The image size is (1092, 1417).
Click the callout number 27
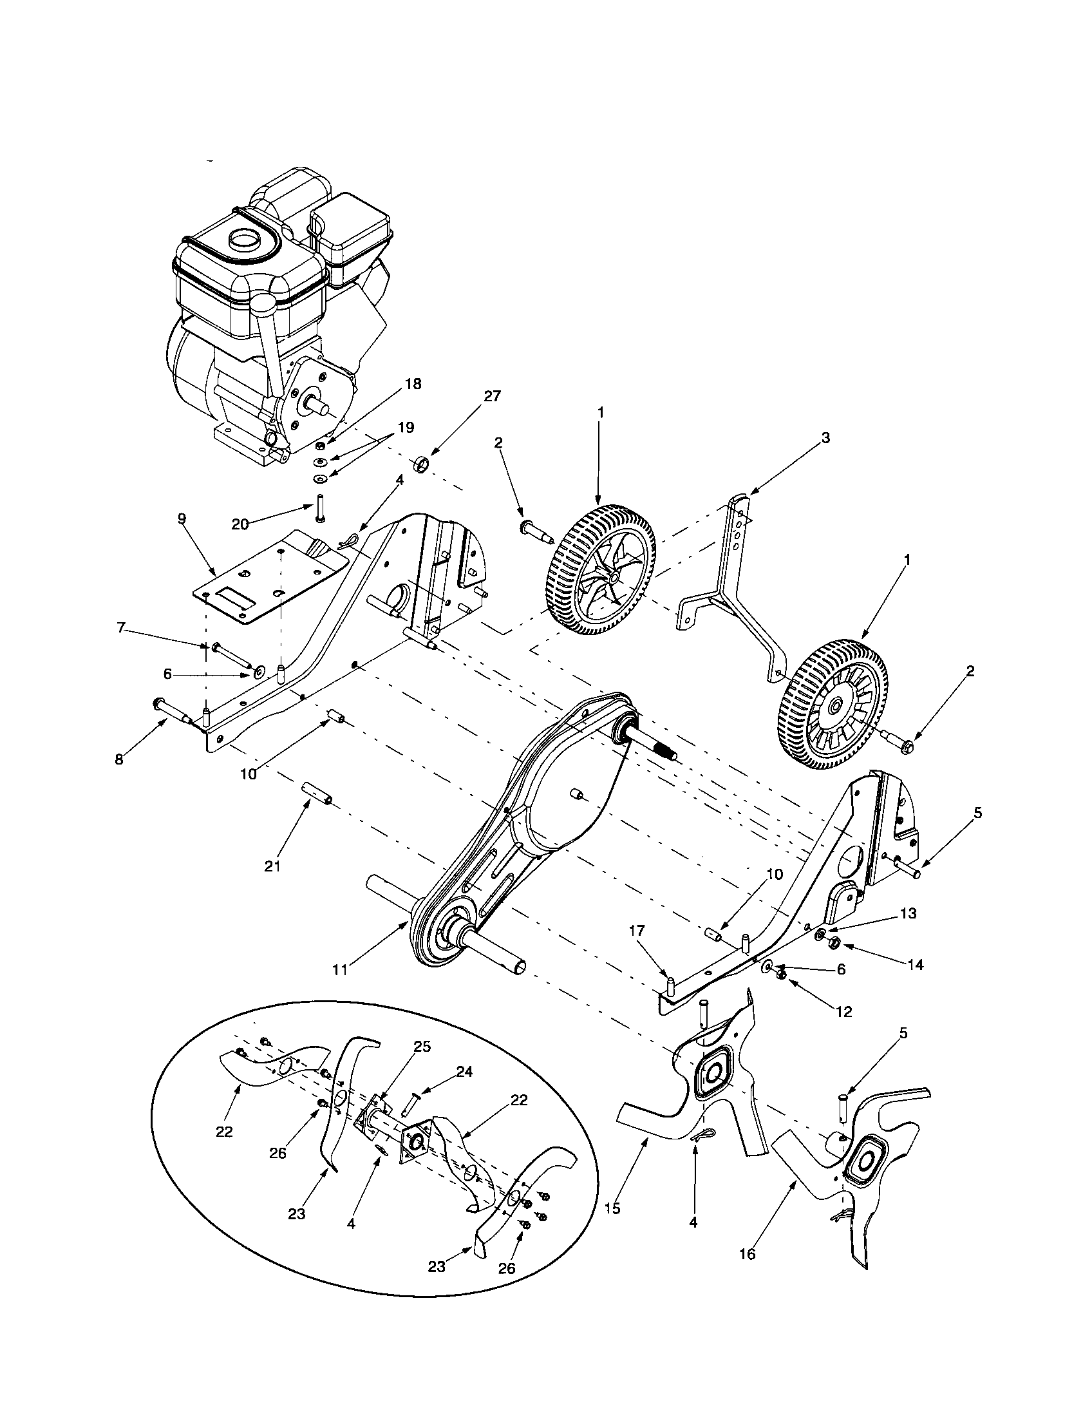coord(492,395)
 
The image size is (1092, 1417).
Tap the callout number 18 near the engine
coord(413,384)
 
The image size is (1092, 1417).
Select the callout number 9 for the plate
coord(182,518)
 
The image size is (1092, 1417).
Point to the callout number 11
coord(340,969)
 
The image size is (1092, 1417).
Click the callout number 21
coord(272,866)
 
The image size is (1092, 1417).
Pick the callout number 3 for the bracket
coord(825,438)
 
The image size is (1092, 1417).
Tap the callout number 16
coord(747,1272)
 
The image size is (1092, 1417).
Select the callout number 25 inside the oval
coord(422,1047)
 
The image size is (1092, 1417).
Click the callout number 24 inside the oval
coord(464,1071)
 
